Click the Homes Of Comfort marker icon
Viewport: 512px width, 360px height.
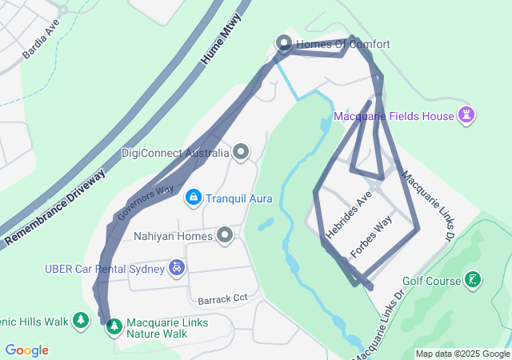click(x=283, y=43)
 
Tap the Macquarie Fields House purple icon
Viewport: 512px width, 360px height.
click(x=466, y=116)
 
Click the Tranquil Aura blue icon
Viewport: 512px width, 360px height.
click(x=193, y=197)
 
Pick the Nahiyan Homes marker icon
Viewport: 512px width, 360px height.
click(x=225, y=235)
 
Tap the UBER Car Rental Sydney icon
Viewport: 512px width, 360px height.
click(x=176, y=268)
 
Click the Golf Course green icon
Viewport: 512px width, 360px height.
click(x=474, y=280)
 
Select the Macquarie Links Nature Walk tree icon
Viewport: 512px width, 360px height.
click(x=114, y=326)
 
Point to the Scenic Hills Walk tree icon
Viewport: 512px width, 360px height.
click(x=80, y=321)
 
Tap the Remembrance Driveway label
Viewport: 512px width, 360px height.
click(x=55, y=207)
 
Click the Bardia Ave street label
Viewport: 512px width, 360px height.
click(x=41, y=39)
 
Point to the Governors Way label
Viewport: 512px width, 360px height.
click(x=146, y=202)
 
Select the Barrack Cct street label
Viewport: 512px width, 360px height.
click(x=223, y=298)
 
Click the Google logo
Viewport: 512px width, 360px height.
click(x=26, y=350)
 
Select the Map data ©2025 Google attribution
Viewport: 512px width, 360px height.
click(x=462, y=354)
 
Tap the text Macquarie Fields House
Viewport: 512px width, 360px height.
click(x=394, y=116)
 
